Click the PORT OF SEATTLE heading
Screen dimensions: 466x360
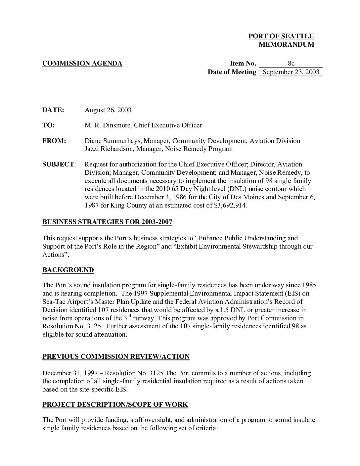tap(281, 36)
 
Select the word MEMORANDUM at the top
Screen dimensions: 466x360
tap(286, 45)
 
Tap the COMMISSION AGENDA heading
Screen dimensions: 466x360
tap(82, 64)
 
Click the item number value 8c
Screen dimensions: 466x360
tap(291, 64)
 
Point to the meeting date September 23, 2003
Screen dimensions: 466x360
tap(291, 72)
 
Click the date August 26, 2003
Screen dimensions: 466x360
tap(108, 110)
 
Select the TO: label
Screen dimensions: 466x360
tap(49, 125)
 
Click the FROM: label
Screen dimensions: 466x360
tap(54, 141)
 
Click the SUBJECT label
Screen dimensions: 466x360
tap(58, 164)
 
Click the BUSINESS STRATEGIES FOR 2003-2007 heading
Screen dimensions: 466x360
tap(107, 222)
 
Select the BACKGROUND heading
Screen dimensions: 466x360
tap(68, 270)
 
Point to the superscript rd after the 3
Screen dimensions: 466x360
tap(129, 316)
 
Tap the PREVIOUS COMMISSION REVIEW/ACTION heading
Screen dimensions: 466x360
tap(116, 357)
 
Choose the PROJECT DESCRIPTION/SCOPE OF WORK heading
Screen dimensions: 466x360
tap(115, 405)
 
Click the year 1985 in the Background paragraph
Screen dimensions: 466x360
tap(309, 285)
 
